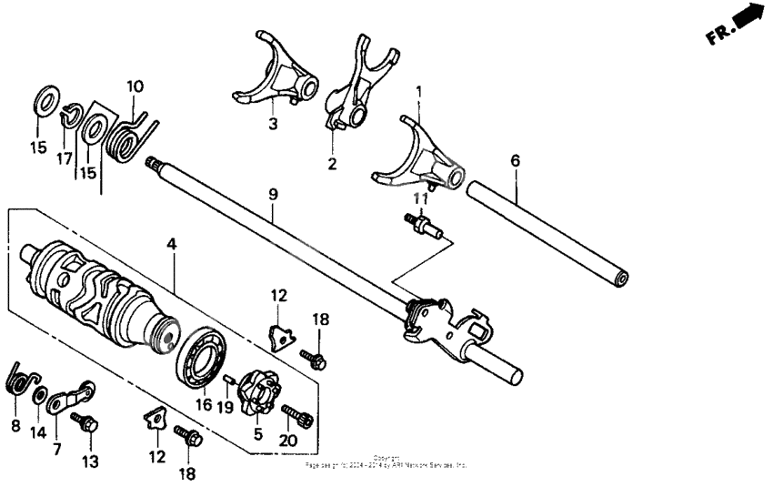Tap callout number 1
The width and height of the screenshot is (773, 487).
(419, 92)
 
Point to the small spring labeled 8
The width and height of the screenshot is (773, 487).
(19, 379)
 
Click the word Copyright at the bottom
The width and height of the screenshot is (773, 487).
(386, 457)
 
